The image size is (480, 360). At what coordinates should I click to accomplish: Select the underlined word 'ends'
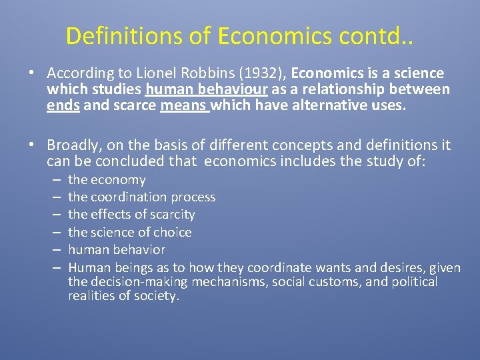[63, 105]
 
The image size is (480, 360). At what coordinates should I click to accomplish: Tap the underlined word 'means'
[184, 105]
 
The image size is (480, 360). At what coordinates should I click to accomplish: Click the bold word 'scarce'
[134, 105]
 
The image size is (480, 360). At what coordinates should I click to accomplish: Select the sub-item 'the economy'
[107, 180]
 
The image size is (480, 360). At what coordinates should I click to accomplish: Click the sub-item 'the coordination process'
[141, 197]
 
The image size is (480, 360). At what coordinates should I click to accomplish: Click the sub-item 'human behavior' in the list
[116, 249]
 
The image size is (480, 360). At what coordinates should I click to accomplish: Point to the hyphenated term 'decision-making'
[136, 281]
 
